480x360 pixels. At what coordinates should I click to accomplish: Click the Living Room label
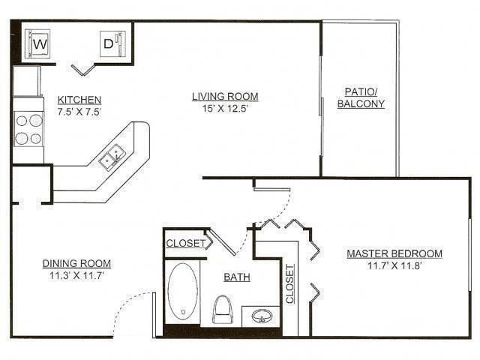[x=225, y=96]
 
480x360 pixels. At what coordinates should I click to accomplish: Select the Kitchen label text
[x=79, y=100]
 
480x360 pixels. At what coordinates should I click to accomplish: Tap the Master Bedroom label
[x=394, y=253]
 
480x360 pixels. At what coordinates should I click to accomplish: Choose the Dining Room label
[x=76, y=263]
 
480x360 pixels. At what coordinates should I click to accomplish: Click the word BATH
[x=237, y=277]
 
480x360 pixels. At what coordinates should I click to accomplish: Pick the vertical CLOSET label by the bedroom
[x=289, y=284]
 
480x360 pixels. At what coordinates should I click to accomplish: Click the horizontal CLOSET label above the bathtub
[x=184, y=243]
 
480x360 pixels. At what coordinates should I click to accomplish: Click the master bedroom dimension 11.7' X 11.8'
[x=394, y=267]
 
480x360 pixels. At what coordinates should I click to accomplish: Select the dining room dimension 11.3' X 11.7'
[x=76, y=276]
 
